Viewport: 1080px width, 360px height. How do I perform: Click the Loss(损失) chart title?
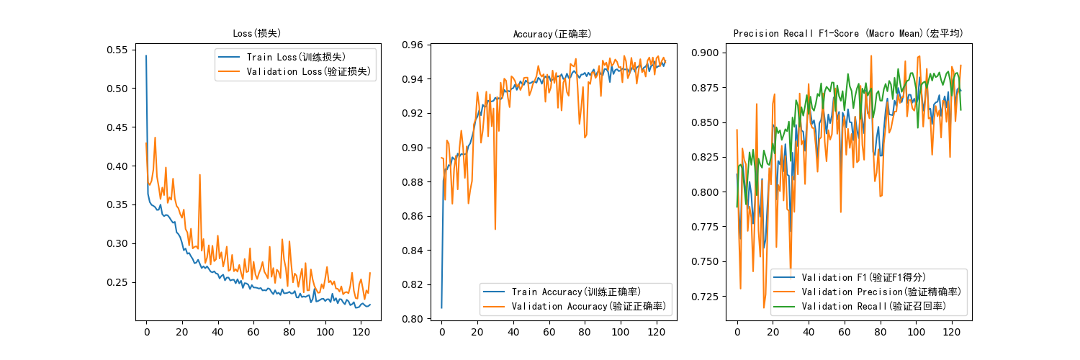(257, 33)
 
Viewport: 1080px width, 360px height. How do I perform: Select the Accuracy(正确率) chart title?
(552, 33)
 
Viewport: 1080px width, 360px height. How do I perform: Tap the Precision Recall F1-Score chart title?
(848, 33)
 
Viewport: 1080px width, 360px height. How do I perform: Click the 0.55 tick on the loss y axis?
(117, 50)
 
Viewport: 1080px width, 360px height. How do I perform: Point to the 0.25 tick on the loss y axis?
(117, 282)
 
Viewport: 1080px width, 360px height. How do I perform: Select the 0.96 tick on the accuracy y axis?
(413, 45)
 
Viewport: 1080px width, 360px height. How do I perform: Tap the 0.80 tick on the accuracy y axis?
(413, 319)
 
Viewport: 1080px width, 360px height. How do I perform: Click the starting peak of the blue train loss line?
(146, 55)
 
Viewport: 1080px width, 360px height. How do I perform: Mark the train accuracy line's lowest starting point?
(441, 307)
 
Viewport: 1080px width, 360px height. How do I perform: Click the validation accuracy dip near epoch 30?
(495, 229)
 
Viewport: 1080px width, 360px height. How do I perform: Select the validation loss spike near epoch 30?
(199, 174)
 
